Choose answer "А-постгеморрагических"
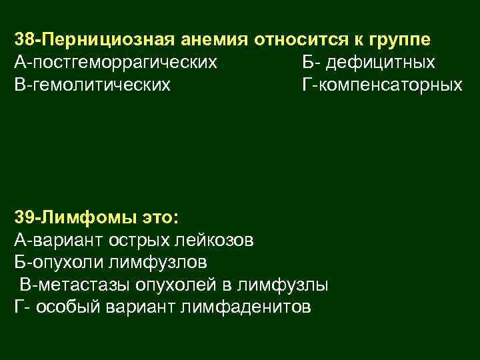(x=115, y=63)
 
